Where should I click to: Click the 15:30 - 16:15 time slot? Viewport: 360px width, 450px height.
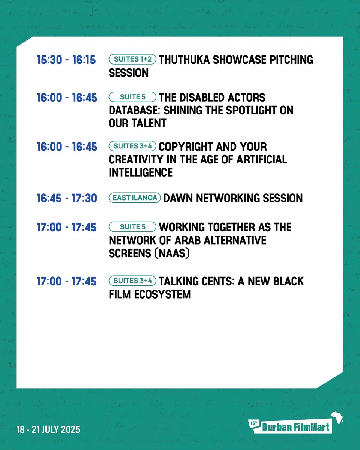(x=66, y=60)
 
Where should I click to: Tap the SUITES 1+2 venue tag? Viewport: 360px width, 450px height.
(x=132, y=59)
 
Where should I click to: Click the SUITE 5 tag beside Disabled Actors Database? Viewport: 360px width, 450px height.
(x=132, y=97)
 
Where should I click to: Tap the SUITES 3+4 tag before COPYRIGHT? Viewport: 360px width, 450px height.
(x=132, y=146)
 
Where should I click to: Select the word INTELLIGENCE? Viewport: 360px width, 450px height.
(x=141, y=172)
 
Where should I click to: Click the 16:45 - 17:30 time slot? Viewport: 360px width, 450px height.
(x=66, y=198)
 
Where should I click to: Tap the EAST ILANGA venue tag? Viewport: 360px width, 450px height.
(x=135, y=198)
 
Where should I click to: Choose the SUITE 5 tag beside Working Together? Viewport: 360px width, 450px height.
(x=132, y=227)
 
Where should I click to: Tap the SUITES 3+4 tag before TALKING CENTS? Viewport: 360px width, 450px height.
(x=132, y=280)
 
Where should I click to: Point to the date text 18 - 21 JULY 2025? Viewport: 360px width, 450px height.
(x=43, y=429)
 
